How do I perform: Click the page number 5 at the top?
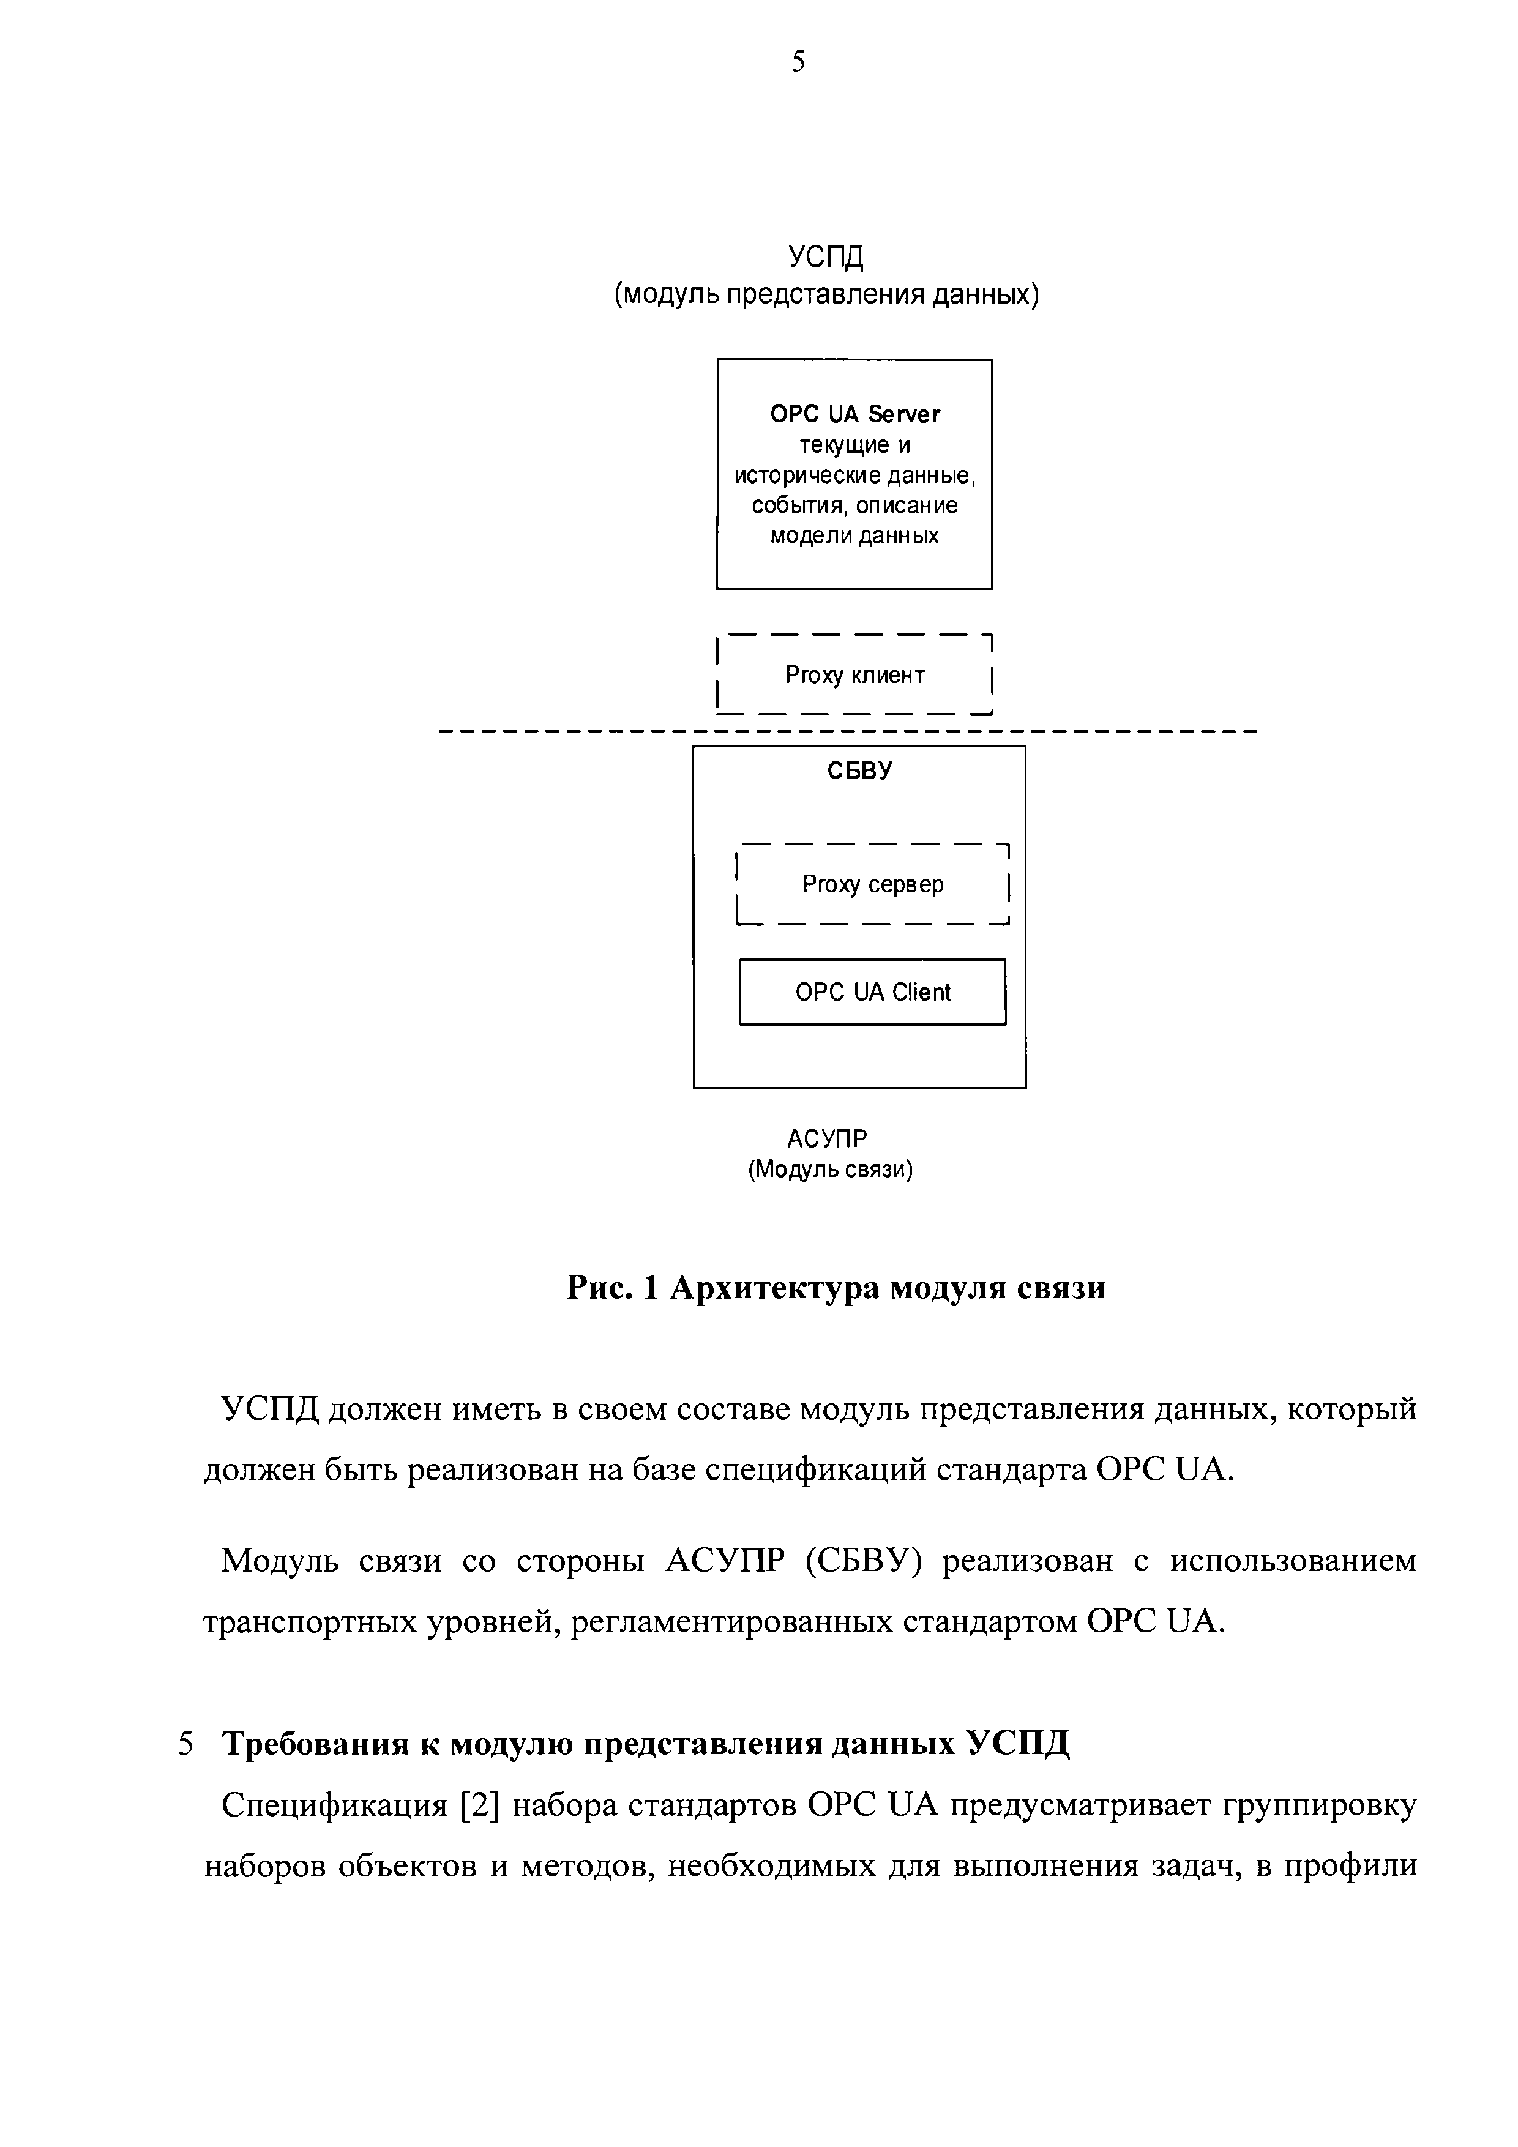798,62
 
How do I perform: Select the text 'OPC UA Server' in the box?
855,414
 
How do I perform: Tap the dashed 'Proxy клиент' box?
854,675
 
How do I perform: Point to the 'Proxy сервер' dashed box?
873,884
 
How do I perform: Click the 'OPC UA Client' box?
873,992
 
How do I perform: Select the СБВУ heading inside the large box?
859,771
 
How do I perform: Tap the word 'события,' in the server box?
793,506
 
